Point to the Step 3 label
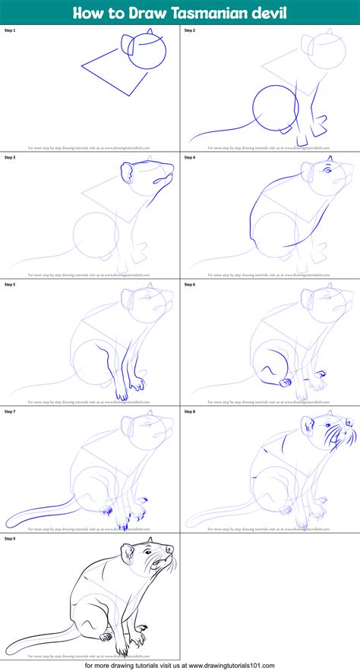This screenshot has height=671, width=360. (x=10, y=157)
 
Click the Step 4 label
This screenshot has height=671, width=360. (x=190, y=157)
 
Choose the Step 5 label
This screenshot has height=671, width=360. (x=10, y=285)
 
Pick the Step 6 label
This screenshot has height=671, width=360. (x=190, y=285)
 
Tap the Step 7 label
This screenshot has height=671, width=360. (x=10, y=411)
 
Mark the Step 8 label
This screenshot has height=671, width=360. (x=190, y=411)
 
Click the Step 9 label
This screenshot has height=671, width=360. (x=10, y=538)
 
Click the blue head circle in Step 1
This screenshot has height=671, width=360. (x=150, y=51)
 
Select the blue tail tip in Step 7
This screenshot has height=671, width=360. (x=9, y=524)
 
